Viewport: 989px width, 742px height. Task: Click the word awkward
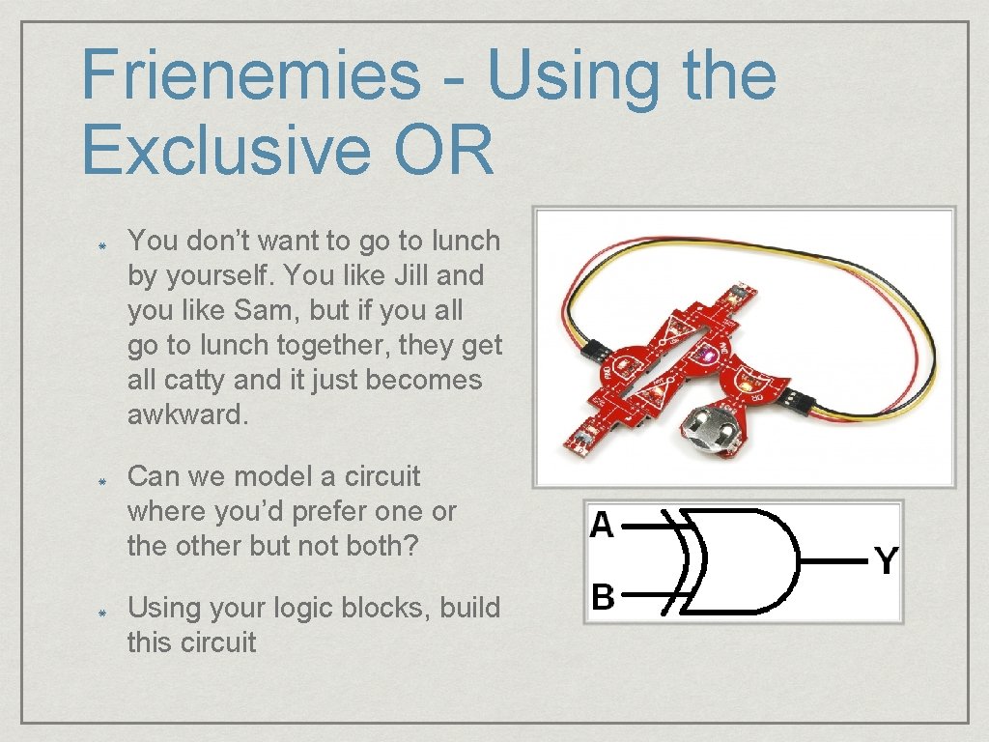[x=187, y=414]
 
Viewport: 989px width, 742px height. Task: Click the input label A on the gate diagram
[x=602, y=525]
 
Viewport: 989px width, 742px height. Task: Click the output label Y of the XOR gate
[x=887, y=559]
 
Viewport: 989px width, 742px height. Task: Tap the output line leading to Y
[x=835, y=559]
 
